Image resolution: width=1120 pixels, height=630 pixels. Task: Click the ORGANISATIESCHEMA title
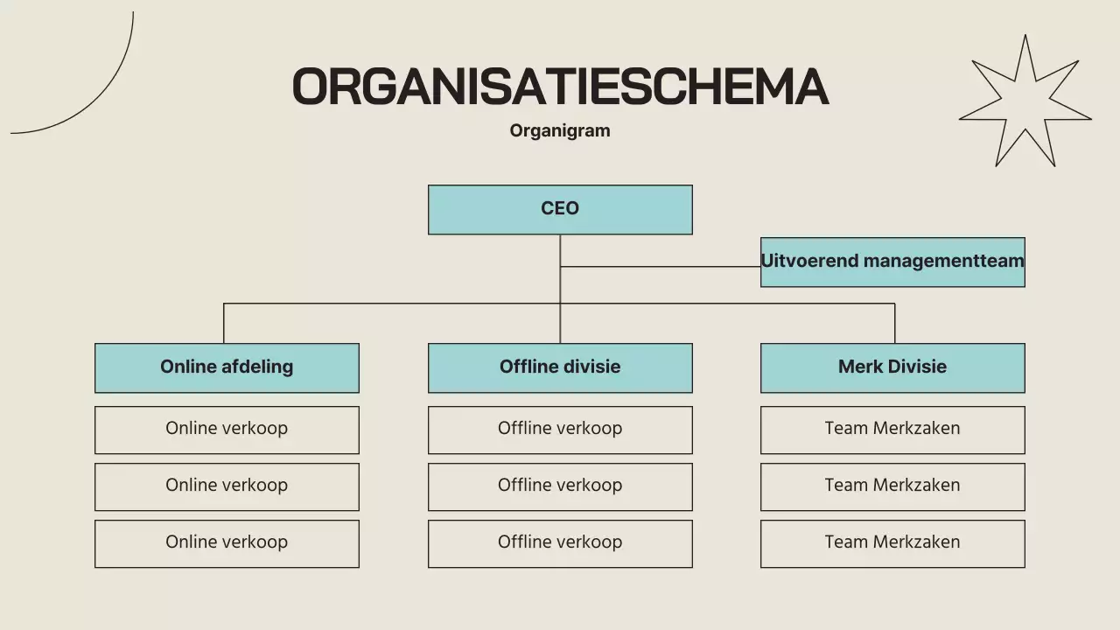pos(560,87)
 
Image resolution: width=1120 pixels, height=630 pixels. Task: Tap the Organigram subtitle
pos(560,130)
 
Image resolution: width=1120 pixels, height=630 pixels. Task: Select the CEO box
pos(560,209)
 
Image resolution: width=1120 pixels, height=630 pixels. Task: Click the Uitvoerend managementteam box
pos(892,262)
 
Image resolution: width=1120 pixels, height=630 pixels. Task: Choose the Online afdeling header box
pos(227,367)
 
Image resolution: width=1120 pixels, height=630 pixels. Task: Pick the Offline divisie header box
pos(560,367)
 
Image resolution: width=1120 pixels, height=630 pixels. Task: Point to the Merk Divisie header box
pos(892,367)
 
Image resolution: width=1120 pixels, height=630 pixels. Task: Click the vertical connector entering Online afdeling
pos(224,324)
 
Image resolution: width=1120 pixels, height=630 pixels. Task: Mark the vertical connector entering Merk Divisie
pos(894,324)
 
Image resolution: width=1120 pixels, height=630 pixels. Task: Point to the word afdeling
pos(260,367)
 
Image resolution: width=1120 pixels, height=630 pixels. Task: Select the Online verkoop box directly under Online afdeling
pos(227,430)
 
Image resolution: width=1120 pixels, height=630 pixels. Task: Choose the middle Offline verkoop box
pos(560,486)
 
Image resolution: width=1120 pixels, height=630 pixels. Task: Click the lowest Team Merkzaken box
pos(892,543)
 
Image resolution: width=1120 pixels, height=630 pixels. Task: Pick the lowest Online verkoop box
pos(227,543)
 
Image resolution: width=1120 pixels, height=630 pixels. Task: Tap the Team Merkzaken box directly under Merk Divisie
pos(892,430)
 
